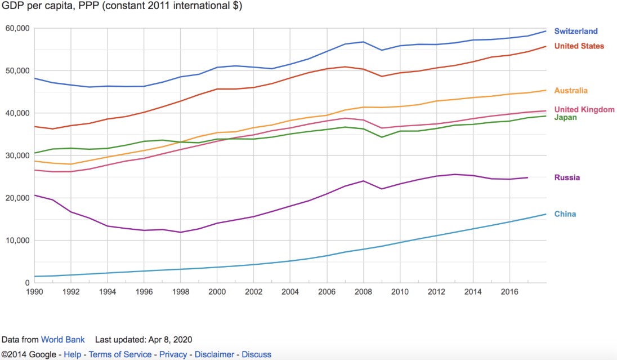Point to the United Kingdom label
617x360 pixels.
[584, 110]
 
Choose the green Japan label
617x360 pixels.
[565, 118]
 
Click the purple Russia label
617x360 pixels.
[567, 178]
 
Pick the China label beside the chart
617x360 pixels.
[565, 214]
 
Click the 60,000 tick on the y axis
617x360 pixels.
[17, 28]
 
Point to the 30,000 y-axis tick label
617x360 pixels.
[17, 155]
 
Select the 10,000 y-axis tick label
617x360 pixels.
[17, 241]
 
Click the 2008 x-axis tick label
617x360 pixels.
[363, 292]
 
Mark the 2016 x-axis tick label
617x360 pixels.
[509, 292]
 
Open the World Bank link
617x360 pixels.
[63, 340]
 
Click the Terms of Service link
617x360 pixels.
[120, 355]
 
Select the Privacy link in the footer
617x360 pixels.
[173, 355]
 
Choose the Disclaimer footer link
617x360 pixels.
[214, 355]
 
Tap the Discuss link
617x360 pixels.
[256, 355]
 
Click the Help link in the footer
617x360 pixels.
[72, 355]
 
